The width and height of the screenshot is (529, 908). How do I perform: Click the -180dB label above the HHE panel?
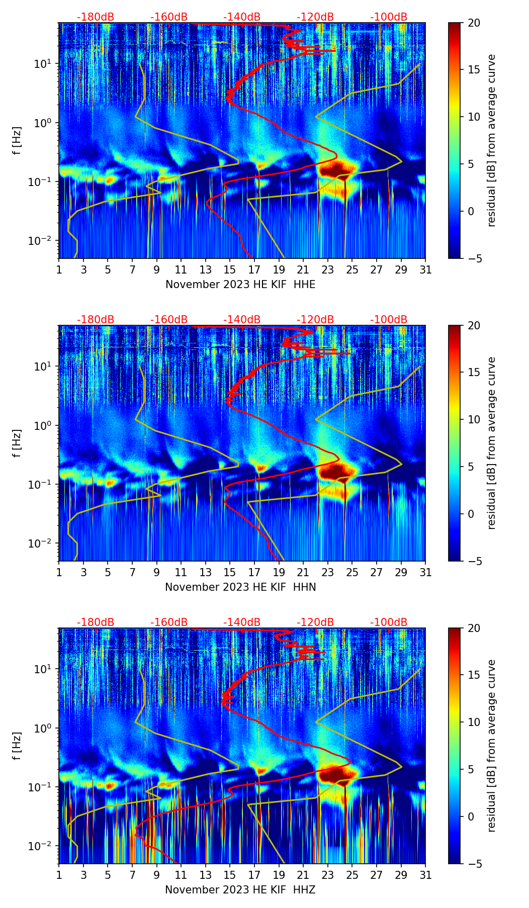click(x=96, y=17)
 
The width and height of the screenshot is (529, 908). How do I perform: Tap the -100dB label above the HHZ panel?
click(x=389, y=622)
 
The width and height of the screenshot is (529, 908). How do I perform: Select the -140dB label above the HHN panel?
click(x=242, y=320)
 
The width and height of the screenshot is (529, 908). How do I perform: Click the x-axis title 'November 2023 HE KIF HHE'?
click(x=240, y=285)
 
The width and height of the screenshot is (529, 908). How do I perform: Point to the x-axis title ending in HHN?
click(x=240, y=587)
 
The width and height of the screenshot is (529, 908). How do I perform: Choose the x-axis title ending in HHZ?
click(x=240, y=890)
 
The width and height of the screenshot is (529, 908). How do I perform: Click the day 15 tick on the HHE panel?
click(x=230, y=269)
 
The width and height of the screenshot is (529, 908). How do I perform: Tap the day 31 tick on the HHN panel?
click(x=425, y=572)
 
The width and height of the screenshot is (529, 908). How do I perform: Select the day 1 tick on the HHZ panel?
click(x=59, y=875)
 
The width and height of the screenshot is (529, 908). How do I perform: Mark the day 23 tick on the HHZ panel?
click(x=328, y=875)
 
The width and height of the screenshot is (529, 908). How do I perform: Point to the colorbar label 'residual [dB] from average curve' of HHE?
click(x=492, y=140)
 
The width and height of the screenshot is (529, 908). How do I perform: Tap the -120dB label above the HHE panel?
click(x=315, y=17)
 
